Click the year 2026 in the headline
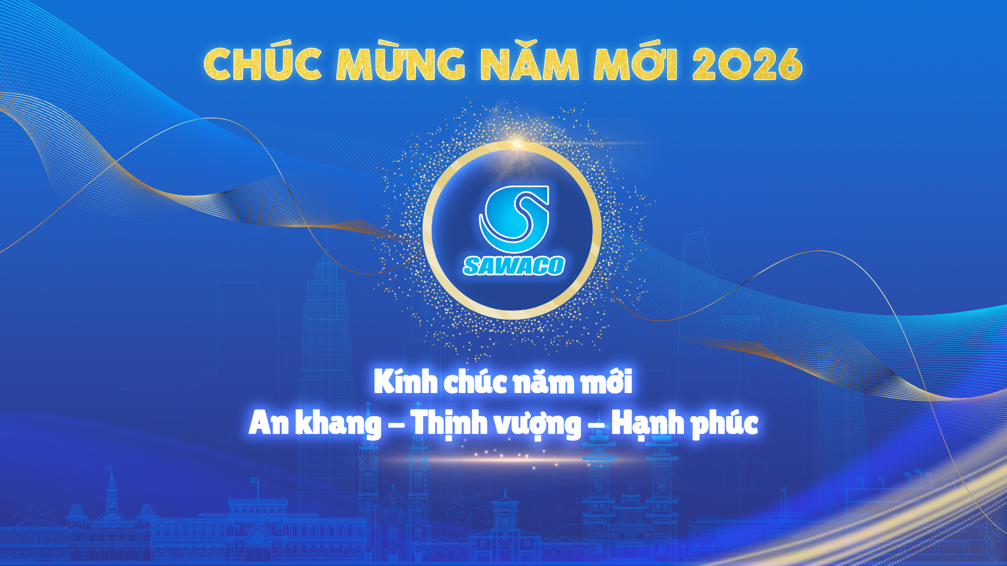coord(747,64)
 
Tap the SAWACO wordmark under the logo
coord(514,266)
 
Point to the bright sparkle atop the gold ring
coord(517,143)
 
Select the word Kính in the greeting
coord(405,382)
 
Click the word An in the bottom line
coord(269,423)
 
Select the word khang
coord(338,424)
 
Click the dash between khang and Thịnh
coord(396,426)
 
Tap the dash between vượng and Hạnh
coord(596,426)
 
